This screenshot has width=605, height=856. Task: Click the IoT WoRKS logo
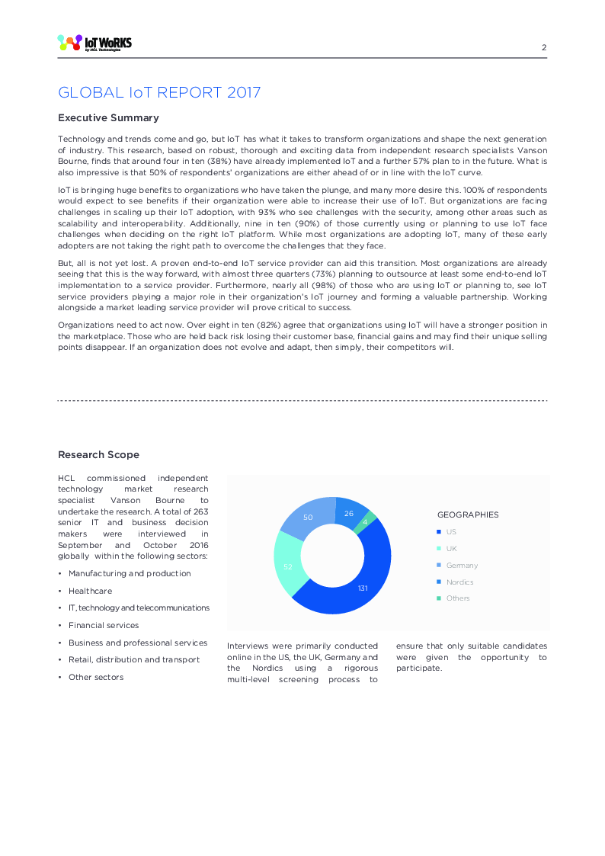[x=94, y=43]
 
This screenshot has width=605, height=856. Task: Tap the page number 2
[x=544, y=47]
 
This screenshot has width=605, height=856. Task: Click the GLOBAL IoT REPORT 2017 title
[x=159, y=93]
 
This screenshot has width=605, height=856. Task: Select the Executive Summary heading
[x=108, y=118]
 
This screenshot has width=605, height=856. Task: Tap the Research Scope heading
[x=98, y=455]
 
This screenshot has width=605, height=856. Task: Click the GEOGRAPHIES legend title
[x=468, y=515]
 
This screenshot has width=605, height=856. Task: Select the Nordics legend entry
[x=459, y=582]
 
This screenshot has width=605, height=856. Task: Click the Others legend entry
[x=458, y=598]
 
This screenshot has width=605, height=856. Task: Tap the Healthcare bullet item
[x=90, y=591]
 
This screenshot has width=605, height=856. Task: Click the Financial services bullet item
[x=104, y=625]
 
